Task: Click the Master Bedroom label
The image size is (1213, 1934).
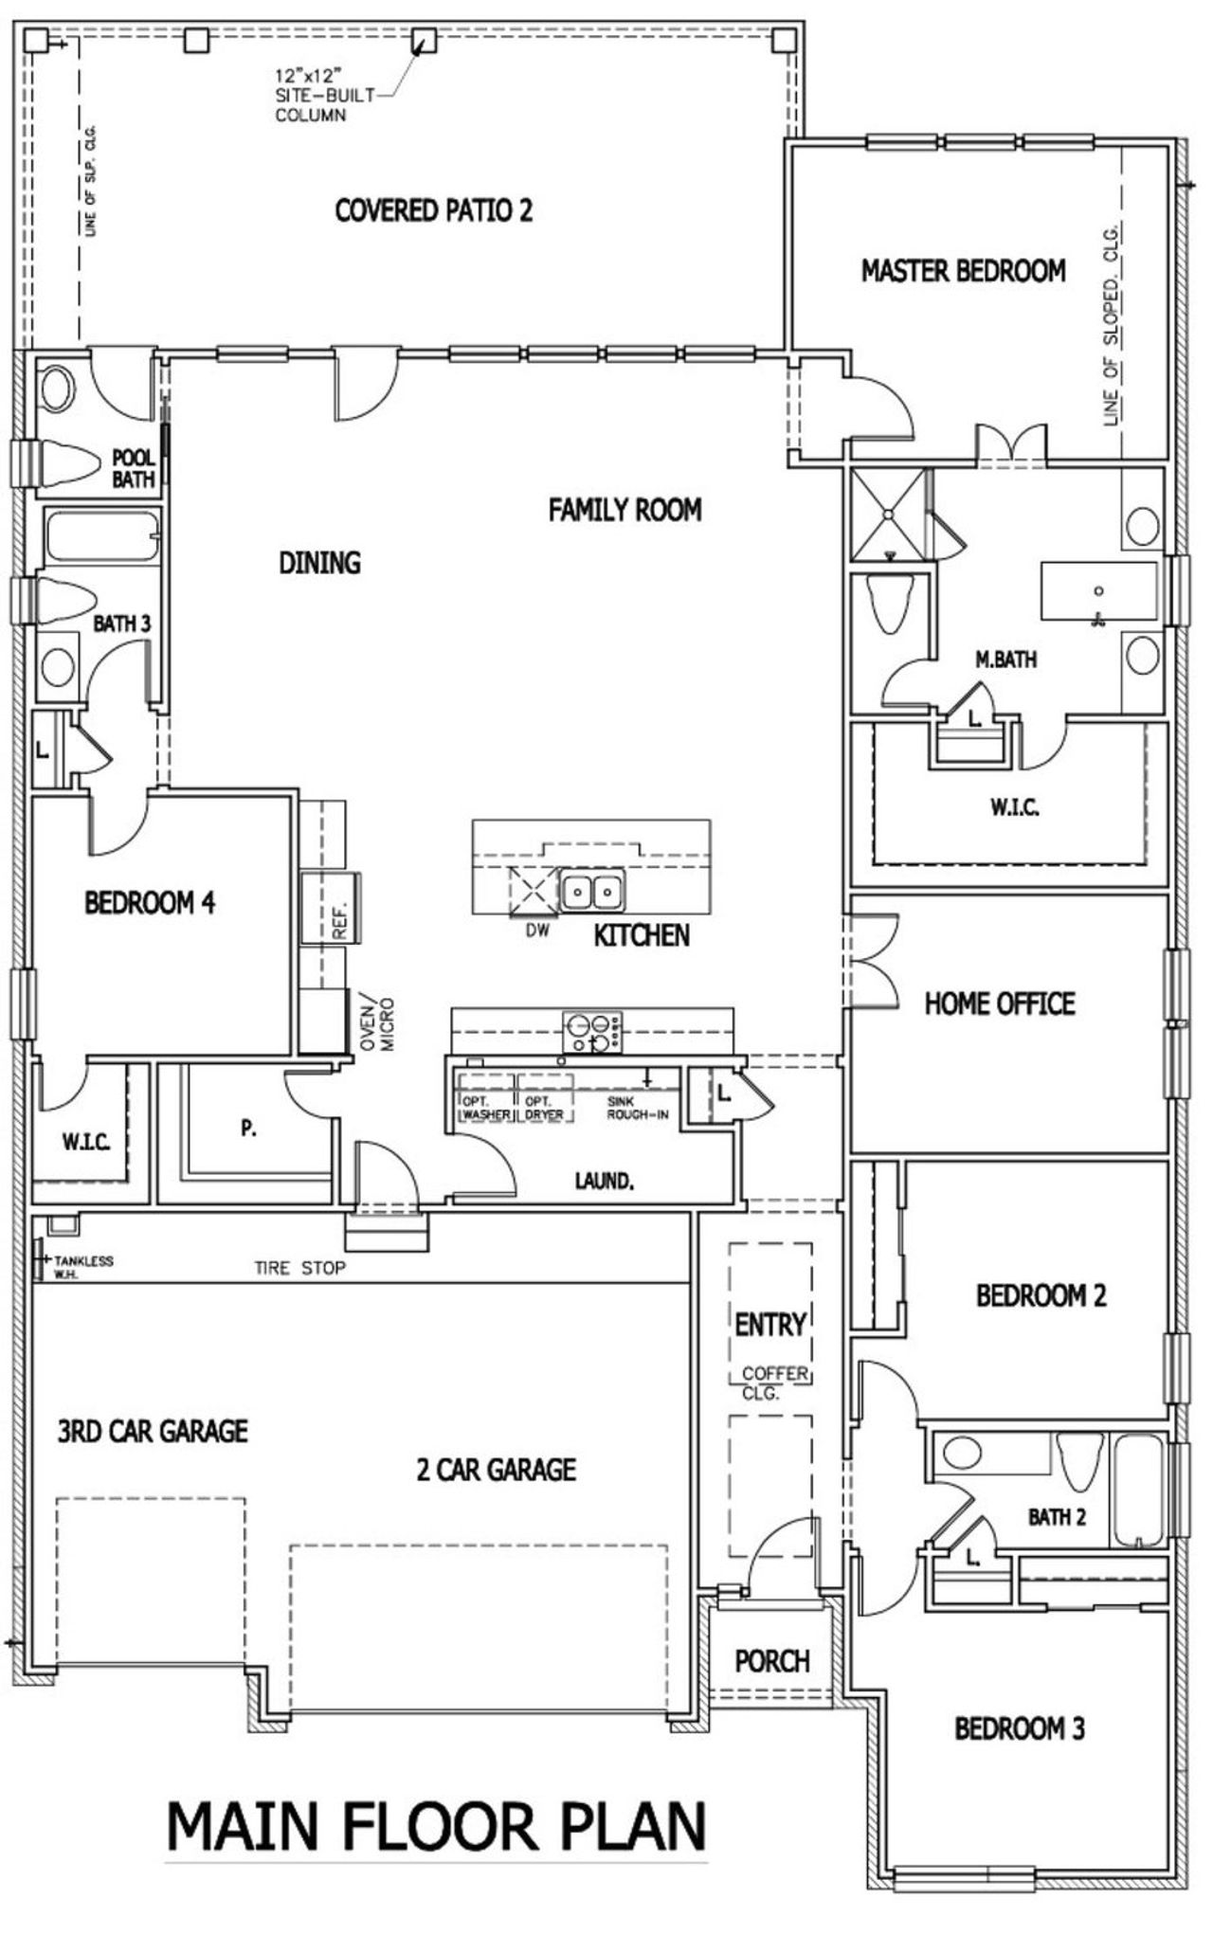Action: [963, 271]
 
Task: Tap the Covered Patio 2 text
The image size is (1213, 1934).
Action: [433, 209]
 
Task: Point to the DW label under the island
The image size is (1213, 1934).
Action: [537, 931]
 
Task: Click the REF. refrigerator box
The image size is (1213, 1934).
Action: [330, 908]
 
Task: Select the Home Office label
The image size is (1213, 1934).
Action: [1000, 1003]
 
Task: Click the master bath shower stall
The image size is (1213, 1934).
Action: [888, 513]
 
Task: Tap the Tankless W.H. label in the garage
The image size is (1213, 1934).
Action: [83, 1265]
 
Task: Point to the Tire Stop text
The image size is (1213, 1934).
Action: [299, 1268]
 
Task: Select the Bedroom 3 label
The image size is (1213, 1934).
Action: [1019, 1728]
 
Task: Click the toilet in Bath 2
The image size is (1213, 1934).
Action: [1080, 1458]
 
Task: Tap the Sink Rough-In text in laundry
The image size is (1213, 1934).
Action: [637, 1108]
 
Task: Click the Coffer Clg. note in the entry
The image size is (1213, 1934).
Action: [774, 1383]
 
